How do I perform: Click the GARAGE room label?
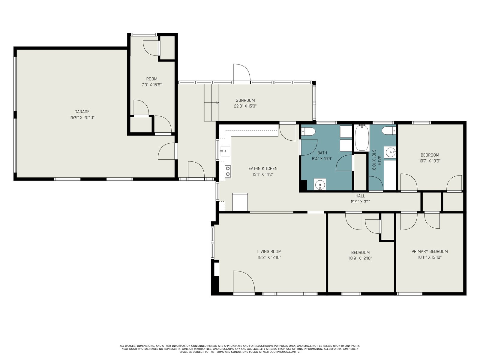coord(82,112)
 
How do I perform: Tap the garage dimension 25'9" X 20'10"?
coord(82,118)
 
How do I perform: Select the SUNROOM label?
coord(245,100)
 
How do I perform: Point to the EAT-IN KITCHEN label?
coord(263,169)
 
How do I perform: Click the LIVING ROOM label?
coord(269,252)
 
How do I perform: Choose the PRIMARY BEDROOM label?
coord(430,251)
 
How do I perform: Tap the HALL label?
coord(360,196)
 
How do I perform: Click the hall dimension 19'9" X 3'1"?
coord(360,202)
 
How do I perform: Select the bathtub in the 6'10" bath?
coord(362,138)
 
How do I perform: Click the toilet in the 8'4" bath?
coord(308,132)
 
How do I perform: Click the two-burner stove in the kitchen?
coord(228,171)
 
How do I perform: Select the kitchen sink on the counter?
coord(225,151)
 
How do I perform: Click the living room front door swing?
coord(244,281)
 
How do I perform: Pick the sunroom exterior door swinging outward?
coord(241,73)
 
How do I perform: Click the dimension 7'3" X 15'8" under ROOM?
coord(151,85)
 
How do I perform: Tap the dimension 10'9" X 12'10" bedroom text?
coord(360,258)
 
